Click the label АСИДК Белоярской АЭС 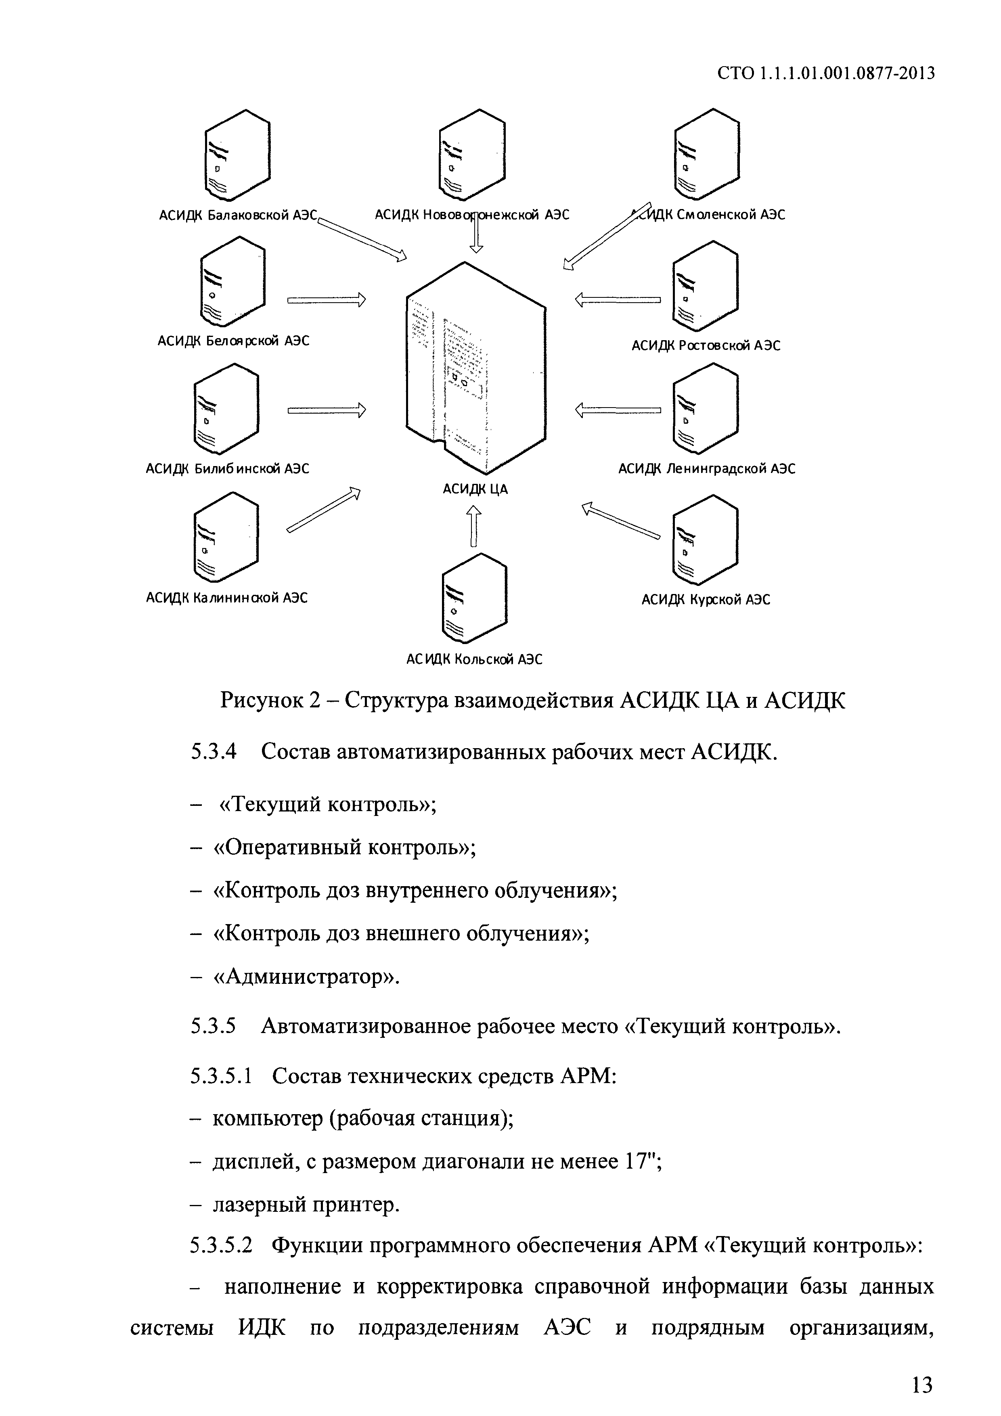coord(233,341)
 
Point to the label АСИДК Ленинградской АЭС coord(707,469)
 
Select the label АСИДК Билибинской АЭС coord(227,469)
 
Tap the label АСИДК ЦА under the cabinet coord(475,489)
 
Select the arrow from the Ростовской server coord(618,300)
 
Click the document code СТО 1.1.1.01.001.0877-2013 coord(826,73)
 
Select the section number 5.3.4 coord(214,753)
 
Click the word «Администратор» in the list coord(306,977)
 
